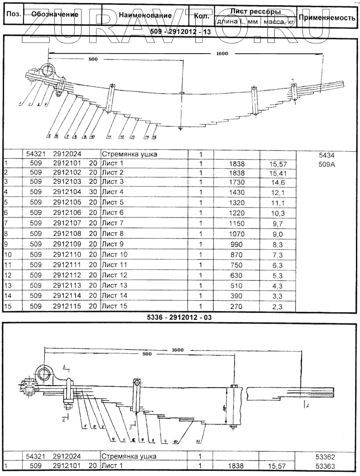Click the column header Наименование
145,16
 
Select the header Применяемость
327,18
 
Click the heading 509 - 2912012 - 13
180,32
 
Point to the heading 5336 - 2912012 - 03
179,317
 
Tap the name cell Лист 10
114,254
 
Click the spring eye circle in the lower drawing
44,375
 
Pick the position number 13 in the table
8,285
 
